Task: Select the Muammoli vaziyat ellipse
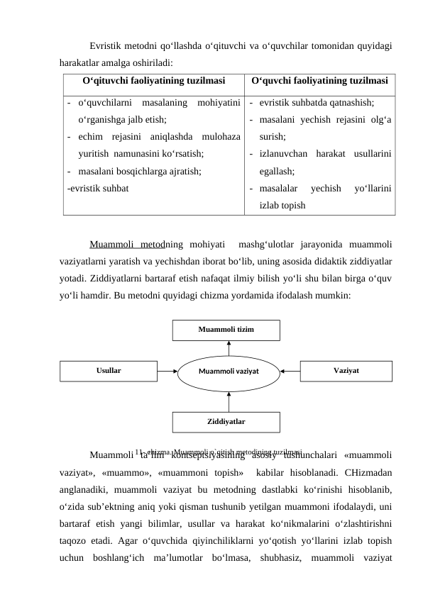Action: [229, 370]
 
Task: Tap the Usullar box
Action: [108, 370]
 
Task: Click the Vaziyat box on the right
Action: [346, 370]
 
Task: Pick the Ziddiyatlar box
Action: [226, 421]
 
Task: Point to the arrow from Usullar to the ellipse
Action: [166, 370]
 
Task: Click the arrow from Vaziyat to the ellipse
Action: [290, 370]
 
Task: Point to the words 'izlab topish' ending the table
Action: [282, 206]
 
